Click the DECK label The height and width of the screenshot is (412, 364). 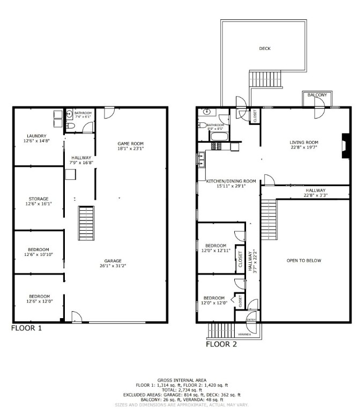click(x=265, y=48)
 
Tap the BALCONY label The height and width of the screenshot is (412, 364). click(x=317, y=95)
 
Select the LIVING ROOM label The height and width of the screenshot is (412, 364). click(x=304, y=143)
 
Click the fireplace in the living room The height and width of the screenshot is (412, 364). click(x=344, y=146)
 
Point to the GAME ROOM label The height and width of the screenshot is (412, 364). click(x=131, y=143)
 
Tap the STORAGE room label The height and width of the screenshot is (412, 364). click(x=39, y=199)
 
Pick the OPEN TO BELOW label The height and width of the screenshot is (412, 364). click(x=303, y=261)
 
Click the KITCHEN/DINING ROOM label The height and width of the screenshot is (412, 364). click(x=231, y=181)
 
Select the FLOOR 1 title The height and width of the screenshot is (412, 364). click(x=26, y=327)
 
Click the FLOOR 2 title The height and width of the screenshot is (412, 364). click(x=221, y=344)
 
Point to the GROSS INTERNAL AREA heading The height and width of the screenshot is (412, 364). click(x=182, y=379)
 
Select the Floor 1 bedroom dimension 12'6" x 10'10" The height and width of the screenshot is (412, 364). click(x=39, y=255)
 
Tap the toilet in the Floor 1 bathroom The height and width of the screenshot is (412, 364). click(x=70, y=127)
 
